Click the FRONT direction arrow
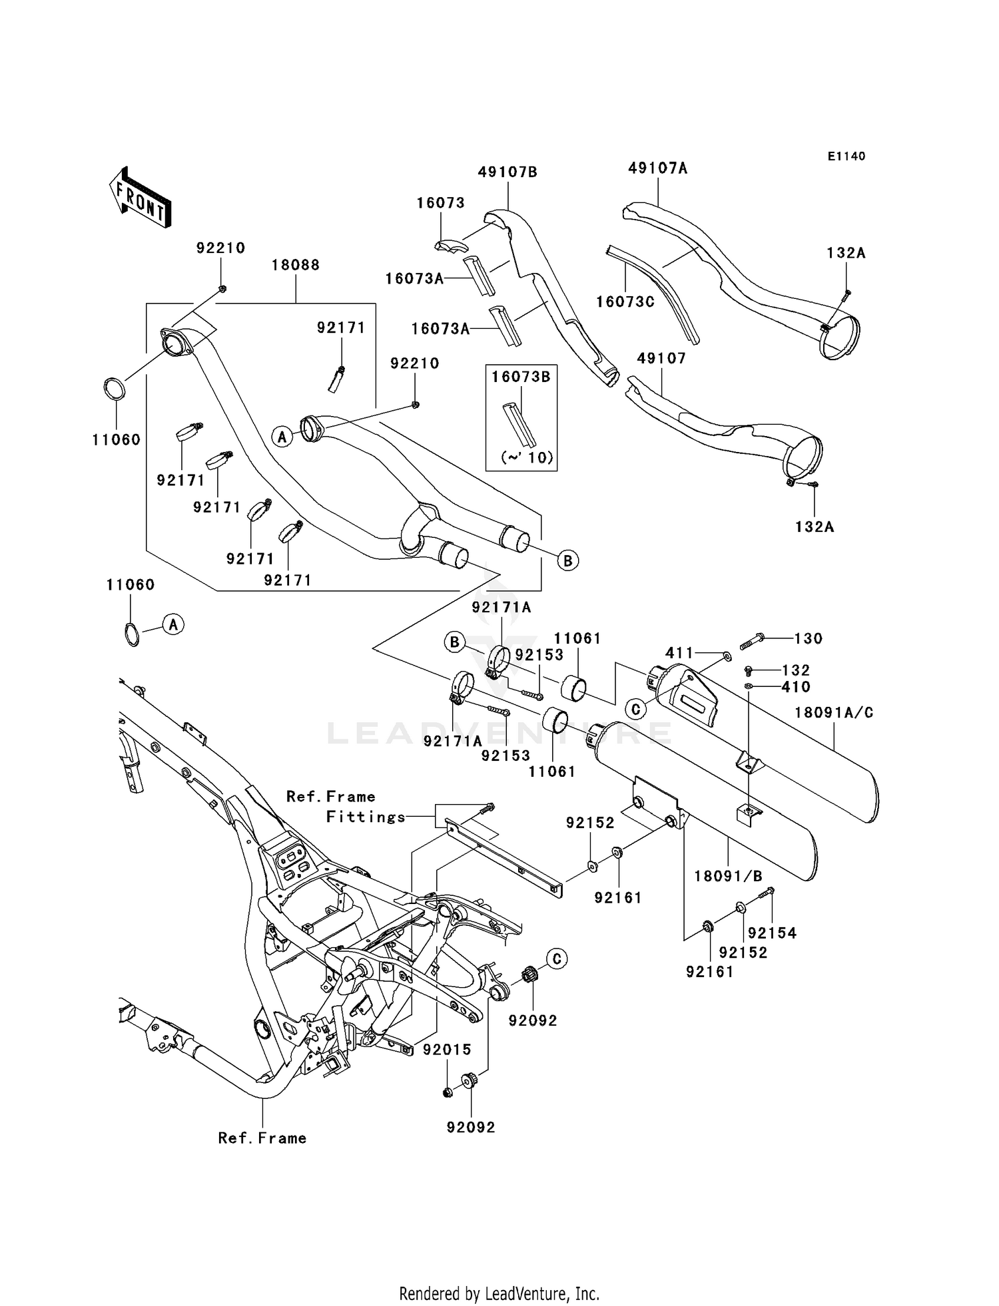coord(140,198)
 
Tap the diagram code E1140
coord(846,156)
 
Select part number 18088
coord(295,265)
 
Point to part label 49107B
coord(507,172)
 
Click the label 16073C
coord(625,302)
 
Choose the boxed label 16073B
coord(521,377)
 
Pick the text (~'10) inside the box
coord(527,458)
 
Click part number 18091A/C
coord(834,713)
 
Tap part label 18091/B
coord(728,876)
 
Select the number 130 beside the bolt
coord(809,638)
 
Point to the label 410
coord(796,687)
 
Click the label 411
coord(680,654)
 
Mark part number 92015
coord(447,1050)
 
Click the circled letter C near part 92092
coord(557,959)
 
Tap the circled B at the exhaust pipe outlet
coord(567,560)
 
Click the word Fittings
coord(366,817)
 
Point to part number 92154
coord(772,933)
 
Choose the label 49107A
coord(657,168)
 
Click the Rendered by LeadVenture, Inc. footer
coord(499,1294)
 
